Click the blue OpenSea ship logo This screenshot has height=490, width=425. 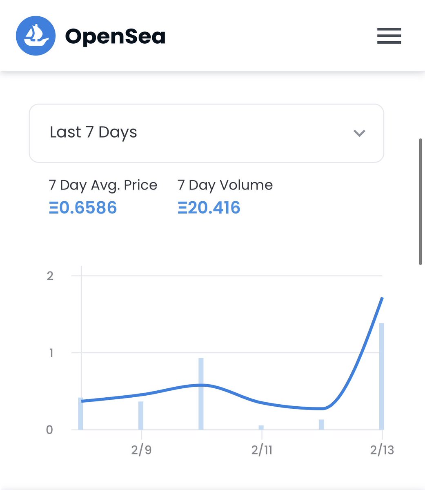(x=36, y=36)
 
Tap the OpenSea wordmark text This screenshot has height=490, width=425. (x=115, y=36)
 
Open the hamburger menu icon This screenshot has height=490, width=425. (x=389, y=36)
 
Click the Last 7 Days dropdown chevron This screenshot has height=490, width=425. (x=359, y=133)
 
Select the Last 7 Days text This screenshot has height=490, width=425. (x=93, y=132)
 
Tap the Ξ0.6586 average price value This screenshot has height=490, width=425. (x=83, y=207)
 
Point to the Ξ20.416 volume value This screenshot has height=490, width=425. (x=209, y=207)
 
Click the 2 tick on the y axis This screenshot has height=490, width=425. (x=50, y=276)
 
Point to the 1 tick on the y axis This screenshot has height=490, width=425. (x=51, y=353)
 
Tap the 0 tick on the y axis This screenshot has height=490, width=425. (x=49, y=430)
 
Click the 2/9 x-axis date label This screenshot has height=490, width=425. (x=141, y=450)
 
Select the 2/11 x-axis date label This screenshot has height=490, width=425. (x=262, y=450)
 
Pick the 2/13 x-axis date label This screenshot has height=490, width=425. (x=382, y=450)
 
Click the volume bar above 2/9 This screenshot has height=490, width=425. (x=141, y=416)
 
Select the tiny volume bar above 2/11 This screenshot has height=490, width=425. (x=261, y=428)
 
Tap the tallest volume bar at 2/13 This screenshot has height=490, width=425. (x=381, y=376)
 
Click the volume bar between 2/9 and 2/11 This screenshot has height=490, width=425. (x=201, y=394)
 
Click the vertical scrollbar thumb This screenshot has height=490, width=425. (x=420, y=202)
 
